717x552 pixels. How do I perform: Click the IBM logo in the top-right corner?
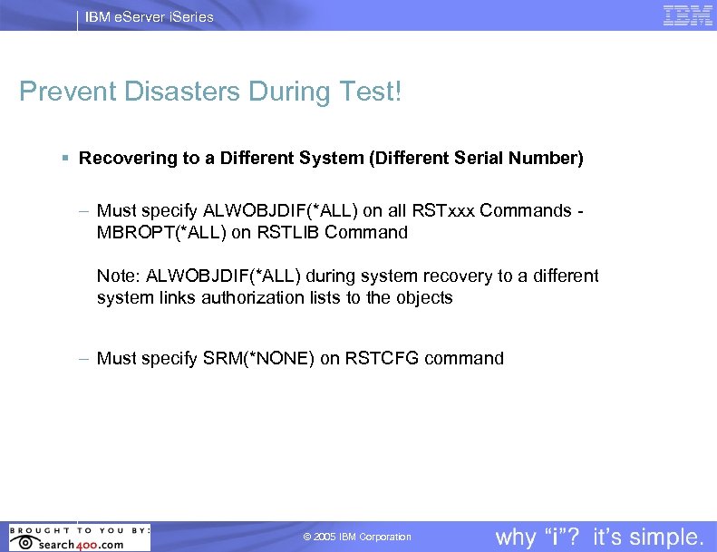click(688, 15)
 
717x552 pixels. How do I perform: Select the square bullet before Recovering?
click(65, 159)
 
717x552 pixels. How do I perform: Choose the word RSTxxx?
click(444, 211)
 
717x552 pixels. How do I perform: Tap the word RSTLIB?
click(293, 232)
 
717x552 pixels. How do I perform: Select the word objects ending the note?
click(424, 297)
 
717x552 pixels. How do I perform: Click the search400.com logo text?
click(81, 543)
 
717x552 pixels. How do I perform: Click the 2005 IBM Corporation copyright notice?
click(357, 537)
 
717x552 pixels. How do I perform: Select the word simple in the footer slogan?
click(662, 537)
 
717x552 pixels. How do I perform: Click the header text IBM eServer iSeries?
click(150, 16)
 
